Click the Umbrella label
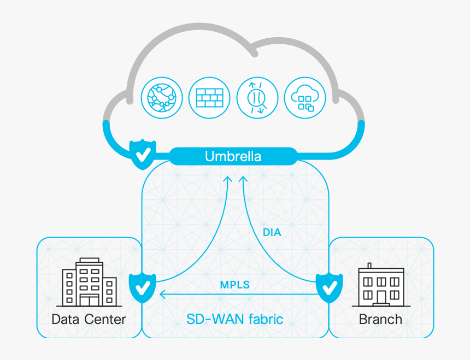point(233,156)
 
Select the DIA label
point(272,232)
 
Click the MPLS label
point(234,285)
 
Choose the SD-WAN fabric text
point(234,319)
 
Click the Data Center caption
point(89,319)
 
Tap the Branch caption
point(380,319)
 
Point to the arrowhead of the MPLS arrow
point(162,295)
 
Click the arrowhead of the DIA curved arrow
point(244,179)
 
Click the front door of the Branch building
point(381,298)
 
